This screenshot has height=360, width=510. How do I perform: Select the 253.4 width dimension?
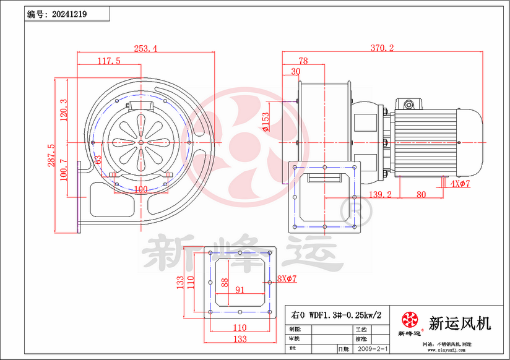[145, 48]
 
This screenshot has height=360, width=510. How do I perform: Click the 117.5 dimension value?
[109, 61]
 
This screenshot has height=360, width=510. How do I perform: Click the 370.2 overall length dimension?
[383, 48]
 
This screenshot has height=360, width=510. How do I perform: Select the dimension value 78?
[303, 61]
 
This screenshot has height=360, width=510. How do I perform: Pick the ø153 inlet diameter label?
[266, 122]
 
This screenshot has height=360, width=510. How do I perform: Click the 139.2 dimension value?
[381, 194]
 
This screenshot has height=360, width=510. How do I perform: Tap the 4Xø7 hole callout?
[461, 184]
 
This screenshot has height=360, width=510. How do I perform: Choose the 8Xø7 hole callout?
[287, 279]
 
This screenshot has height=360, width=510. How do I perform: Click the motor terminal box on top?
[409, 103]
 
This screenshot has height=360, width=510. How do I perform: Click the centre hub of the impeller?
[140, 142]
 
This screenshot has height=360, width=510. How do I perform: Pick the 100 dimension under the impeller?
[140, 188]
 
